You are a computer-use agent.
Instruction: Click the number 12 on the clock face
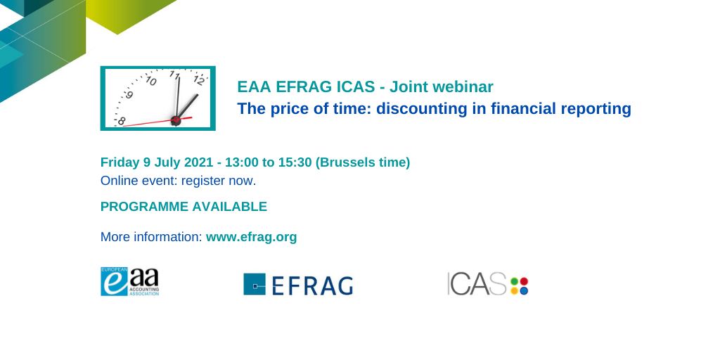(198, 81)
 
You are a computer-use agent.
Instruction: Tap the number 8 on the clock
(121, 121)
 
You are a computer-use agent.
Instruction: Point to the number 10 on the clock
(151, 81)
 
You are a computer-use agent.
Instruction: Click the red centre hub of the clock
(176, 120)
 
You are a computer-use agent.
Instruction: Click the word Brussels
(347, 162)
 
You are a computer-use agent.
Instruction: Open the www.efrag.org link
(251, 237)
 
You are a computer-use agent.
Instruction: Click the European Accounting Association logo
(130, 281)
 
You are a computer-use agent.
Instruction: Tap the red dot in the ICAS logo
(524, 281)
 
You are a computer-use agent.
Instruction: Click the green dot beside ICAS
(514, 281)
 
